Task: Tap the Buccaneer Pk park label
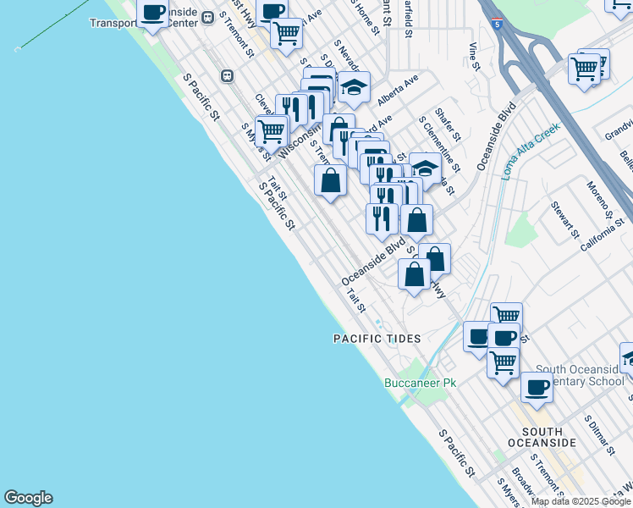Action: pos(420,384)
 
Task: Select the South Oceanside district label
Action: pos(542,436)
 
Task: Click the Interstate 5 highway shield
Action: pos(497,25)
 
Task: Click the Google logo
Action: pos(28,498)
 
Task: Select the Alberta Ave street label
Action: pos(398,90)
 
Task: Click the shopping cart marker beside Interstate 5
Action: pos(585,69)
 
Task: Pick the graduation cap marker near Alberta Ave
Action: pos(353,88)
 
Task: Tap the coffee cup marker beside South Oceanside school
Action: pos(537,389)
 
